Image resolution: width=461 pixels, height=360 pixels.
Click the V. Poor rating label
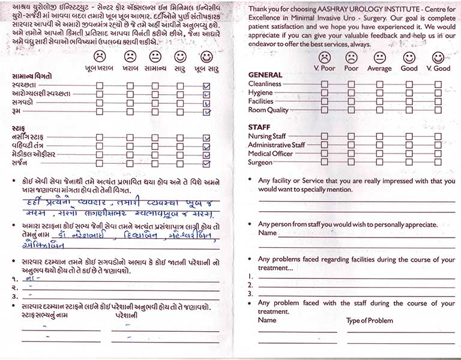324,68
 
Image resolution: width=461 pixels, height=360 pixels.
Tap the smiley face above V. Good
438,57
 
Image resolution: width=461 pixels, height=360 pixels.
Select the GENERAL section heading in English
265,75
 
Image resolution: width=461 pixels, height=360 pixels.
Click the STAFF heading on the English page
259,127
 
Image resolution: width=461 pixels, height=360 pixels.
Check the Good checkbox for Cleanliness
409,84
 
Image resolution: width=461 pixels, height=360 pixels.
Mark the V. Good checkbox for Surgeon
438,163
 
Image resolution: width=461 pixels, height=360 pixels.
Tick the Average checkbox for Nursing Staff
379,136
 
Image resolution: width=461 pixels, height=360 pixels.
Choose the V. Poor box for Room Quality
324,110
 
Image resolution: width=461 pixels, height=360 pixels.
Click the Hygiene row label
261,93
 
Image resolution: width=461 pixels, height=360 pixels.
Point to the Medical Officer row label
270,154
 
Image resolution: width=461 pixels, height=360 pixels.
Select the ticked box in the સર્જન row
207,164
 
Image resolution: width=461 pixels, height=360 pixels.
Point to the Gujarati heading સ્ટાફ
19,128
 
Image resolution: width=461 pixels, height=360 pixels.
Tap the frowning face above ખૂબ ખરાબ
100,56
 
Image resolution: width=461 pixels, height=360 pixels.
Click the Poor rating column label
351,68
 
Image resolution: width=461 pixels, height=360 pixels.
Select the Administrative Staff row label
277,145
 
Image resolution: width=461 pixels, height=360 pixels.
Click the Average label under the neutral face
379,68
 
